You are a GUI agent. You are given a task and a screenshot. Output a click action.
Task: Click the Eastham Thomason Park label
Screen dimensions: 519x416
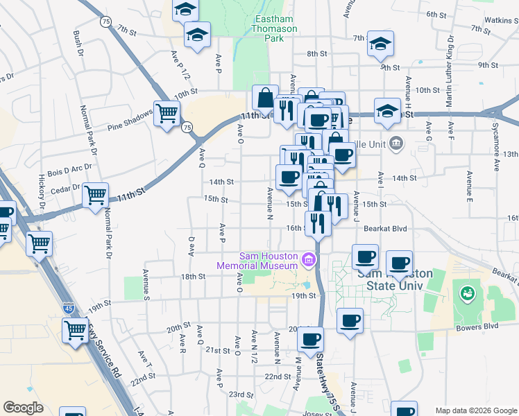click(274, 29)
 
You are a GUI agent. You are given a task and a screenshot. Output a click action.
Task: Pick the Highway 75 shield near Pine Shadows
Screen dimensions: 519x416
click(187, 128)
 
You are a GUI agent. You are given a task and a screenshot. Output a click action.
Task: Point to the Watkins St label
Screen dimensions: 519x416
click(501, 20)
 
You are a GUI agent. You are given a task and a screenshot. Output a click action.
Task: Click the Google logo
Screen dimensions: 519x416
click(23, 408)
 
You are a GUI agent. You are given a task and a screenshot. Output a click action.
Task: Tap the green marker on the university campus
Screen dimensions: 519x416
click(468, 293)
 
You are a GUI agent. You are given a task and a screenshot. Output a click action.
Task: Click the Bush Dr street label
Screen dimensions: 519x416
click(78, 42)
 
